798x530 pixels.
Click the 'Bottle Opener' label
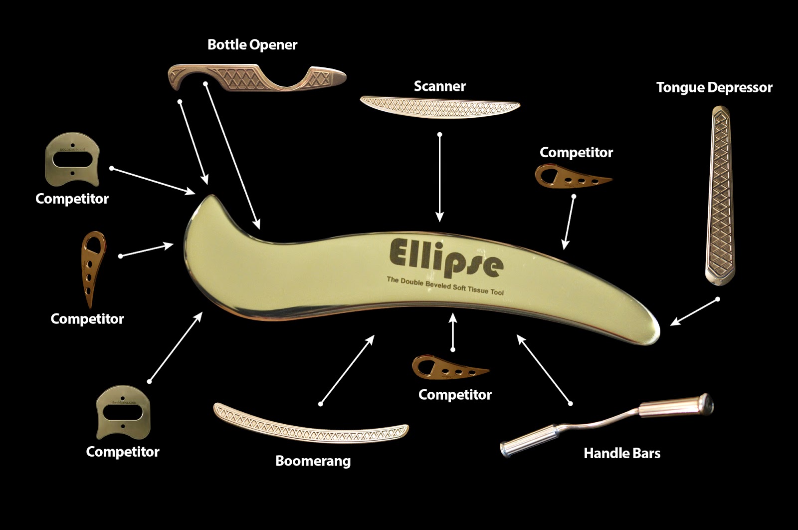252,45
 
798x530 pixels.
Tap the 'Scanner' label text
439,86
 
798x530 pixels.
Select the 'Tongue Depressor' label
714,88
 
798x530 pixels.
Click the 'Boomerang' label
313,461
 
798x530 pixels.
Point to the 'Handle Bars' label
621,453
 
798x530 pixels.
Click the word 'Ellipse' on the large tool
445,258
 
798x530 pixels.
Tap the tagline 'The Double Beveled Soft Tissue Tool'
445,285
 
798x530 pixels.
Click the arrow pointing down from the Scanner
439,177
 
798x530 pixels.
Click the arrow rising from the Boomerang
347,370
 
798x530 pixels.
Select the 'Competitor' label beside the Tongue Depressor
576,153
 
